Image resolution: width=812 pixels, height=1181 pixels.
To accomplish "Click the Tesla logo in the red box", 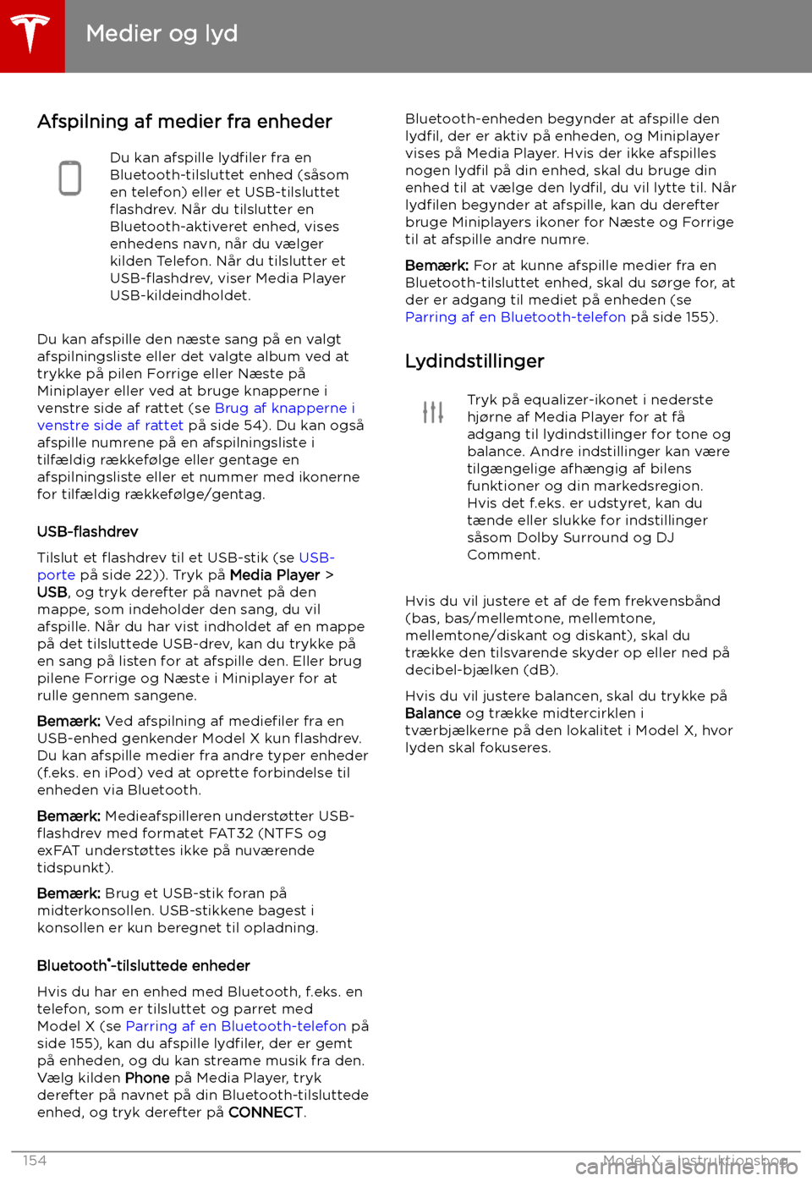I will pyautogui.click(x=31, y=35).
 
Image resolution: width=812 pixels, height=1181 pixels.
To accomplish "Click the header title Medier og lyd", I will pyautogui.click(x=162, y=34).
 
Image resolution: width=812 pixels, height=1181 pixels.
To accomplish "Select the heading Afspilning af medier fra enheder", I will pyautogui.click(x=184, y=122).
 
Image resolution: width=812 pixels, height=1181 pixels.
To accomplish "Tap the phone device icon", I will pyautogui.click(x=70, y=179).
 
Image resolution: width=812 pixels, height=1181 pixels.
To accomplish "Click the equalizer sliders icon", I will pyautogui.click(x=433, y=412).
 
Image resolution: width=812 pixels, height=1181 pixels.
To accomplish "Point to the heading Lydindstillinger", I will pyautogui.click(x=475, y=361).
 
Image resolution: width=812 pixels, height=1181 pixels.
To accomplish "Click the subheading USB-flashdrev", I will pyautogui.click(x=87, y=532).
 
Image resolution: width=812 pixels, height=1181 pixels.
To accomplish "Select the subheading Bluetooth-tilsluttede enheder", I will pyautogui.click(x=144, y=966).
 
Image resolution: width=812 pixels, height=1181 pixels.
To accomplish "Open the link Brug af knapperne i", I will pyautogui.click(x=285, y=408).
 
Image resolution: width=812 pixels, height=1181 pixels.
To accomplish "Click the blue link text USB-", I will pyautogui.click(x=317, y=558).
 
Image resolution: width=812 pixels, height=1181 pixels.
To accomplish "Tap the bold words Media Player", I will pyautogui.click(x=275, y=575).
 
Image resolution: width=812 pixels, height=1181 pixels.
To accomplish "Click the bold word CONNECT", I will pyautogui.click(x=266, y=1112).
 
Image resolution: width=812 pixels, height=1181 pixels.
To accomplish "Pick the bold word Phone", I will pyautogui.click(x=147, y=1078).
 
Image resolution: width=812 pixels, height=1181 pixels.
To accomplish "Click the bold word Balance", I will pyautogui.click(x=433, y=713).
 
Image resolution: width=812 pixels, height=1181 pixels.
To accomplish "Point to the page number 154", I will pyautogui.click(x=35, y=1161).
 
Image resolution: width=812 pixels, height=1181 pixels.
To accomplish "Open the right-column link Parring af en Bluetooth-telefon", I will pyautogui.click(x=515, y=317).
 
